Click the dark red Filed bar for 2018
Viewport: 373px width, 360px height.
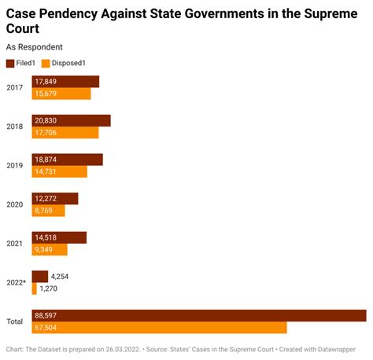pyautogui.click(x=71, y=120)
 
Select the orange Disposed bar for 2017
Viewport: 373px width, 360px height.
pyautogui.click(x=61, y=94)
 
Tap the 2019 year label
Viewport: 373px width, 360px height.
pyautogui.click(x=14, y=165)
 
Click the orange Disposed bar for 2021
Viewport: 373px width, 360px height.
pyautogui.click(x=50, y=250)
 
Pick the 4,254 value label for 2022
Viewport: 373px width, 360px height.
pyautogui.click(x=61, y=277)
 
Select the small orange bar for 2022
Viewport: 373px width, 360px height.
pyautogui.click(x=34, y=289)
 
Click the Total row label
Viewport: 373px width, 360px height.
pyautogui.click(x=15, y=321)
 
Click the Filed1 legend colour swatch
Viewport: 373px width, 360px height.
pyautogui.click(x=10, y=63)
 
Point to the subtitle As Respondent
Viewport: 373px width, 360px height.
pyautogui.click(x=34, y=47)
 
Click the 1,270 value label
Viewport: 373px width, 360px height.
pyautogui.click(x=49, y=289)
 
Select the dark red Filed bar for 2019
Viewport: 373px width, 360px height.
pyautogui.click(x=67, y=160)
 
